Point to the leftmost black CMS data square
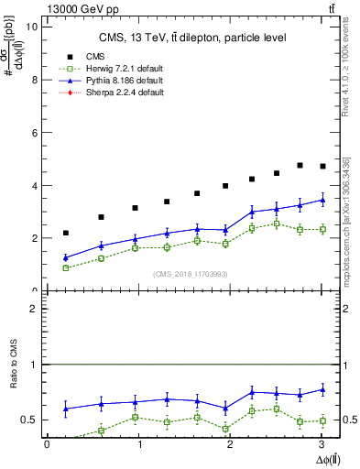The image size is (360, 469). (66, 233)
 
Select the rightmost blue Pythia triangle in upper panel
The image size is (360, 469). (322, 200)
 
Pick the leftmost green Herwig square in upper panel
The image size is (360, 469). (66, 267)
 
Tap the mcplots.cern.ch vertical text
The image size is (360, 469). (345, 220)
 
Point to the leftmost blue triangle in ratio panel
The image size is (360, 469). (66, 409)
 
